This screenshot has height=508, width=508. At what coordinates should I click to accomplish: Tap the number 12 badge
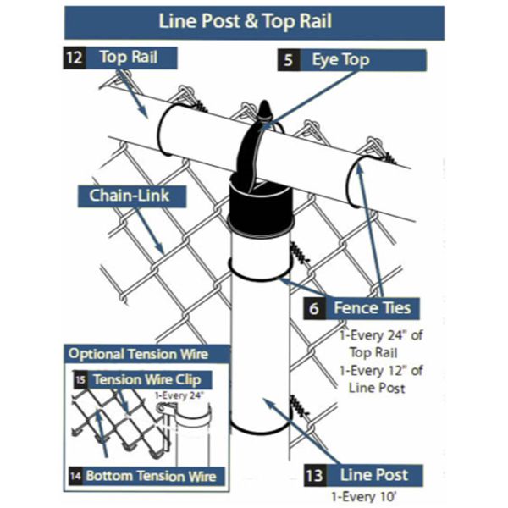pyautogui.click(x=72, y=58)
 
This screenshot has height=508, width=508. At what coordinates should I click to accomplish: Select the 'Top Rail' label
pyautogui.click(x=127, y=58)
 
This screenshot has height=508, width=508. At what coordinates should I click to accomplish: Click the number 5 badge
pyautogui.click(x=289, y=61)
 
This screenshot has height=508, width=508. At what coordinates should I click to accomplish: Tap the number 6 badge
pyautogui.click(x=313, y=308)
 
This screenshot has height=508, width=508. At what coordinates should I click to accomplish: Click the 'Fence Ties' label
pyautogui.click(x=372, y=308)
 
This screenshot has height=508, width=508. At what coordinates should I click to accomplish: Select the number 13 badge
pyautogui.click(x=313, y=476)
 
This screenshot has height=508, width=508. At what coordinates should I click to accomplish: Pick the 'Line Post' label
pyautogui.click(x=373, y=476)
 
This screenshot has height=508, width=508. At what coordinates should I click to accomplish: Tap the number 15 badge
pyautogui.click(x=79, y=379)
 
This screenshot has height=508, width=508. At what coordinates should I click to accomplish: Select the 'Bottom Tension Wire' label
pyautogui.click(x=149, y=476)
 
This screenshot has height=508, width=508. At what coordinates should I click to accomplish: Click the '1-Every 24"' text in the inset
pyautogui.click(x=180, y=394)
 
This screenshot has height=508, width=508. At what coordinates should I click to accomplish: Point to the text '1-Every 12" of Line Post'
pyautogui.click(x=378, y=378)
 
